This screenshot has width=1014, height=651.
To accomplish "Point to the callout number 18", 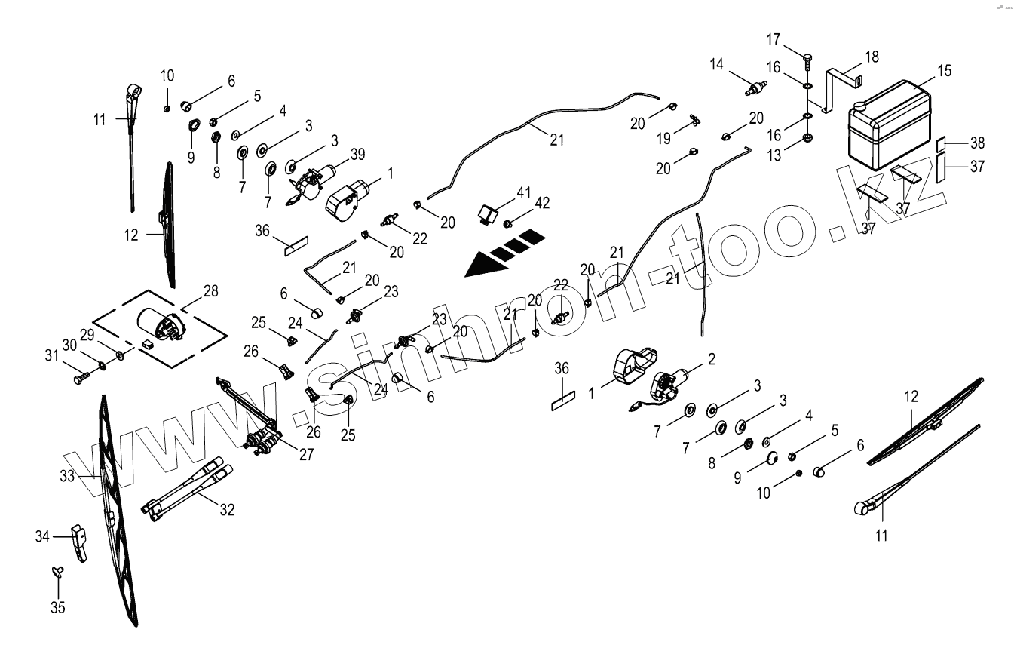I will [872, 57].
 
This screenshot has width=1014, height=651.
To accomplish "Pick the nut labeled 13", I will [807, 138].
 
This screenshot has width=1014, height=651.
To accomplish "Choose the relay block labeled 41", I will [486, 212].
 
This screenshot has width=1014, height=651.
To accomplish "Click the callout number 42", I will [543, 203].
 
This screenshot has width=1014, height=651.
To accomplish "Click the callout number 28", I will [210, 291].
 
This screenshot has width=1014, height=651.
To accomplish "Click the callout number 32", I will [227, 510].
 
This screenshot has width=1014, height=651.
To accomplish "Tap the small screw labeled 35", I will [57, 572].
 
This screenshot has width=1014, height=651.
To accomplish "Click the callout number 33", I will [67, 476].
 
